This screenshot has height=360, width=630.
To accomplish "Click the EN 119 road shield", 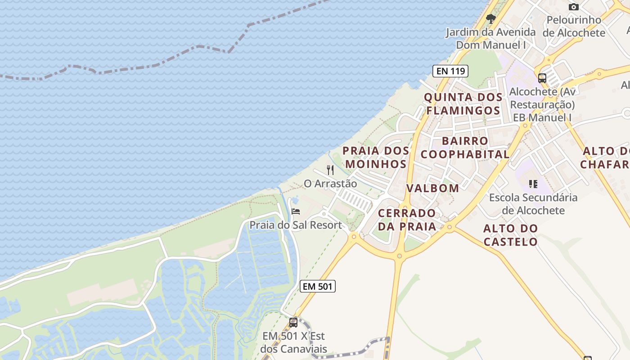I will coord(450,71).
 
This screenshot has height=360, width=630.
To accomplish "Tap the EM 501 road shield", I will coord(318,286).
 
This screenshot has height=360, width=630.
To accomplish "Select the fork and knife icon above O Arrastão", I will coord(330,170).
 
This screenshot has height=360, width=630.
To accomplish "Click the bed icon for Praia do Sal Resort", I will coord(296,211).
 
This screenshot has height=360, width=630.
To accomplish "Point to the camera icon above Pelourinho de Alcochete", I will coord(573,7).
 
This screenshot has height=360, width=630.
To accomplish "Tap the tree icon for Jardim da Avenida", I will coord(491,19).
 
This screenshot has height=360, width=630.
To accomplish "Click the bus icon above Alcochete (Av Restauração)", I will coord(542,78).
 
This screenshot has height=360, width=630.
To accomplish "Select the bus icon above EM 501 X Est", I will coord(293,322).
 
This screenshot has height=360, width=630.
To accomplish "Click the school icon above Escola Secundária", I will coord(533,184).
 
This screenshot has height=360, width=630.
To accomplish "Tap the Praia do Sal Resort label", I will coord(296,225).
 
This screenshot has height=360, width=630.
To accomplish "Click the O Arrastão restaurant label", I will coord(330,184).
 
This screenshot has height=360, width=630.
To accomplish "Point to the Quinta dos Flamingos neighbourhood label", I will coord(463,104).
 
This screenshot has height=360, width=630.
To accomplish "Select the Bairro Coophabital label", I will coord(465,148).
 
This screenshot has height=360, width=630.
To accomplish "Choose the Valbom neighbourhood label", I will coord(433,188).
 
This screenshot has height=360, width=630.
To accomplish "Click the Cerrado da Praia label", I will coord(407,220).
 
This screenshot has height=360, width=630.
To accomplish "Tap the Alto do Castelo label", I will coord(511,235).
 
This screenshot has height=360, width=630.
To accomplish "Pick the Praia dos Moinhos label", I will coord(376,157).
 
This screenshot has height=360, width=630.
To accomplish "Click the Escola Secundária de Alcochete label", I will coord(533,204).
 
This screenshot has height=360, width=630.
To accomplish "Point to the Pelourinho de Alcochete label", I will coord(574,26).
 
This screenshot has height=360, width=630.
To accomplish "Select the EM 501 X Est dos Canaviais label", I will coord(293,342).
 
